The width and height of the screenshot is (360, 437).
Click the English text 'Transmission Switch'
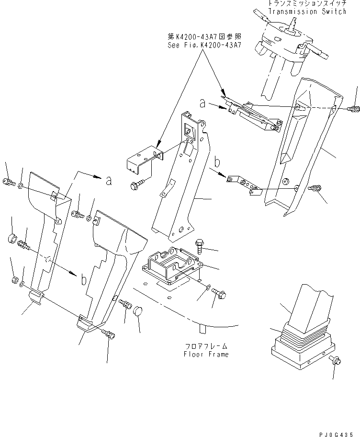(307, 11)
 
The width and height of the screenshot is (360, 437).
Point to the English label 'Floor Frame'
(206, 355)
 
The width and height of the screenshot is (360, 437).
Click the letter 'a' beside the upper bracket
(203, 103)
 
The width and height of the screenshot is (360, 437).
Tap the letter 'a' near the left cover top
(109, 181)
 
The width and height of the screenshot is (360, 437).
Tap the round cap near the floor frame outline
(138, 310)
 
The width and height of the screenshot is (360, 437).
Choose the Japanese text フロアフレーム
(206, 346)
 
